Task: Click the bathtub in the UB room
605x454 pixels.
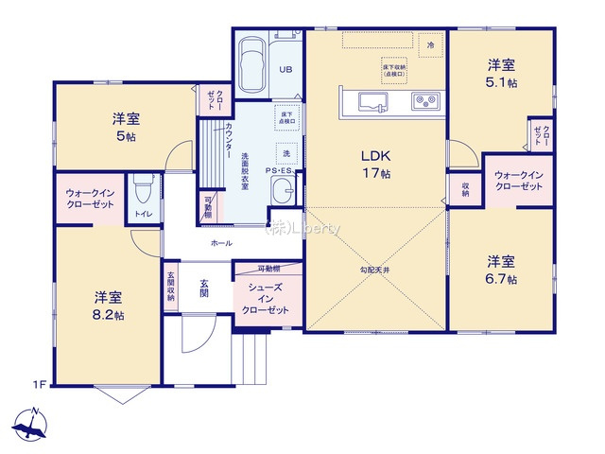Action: (252, 67)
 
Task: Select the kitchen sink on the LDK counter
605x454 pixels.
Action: (368, 99)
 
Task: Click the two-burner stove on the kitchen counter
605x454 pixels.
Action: (422, 99)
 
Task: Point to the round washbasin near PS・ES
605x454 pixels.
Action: (283, 194)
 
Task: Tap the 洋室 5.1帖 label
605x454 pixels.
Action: (501, 73)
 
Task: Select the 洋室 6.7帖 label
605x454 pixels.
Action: (501, 271)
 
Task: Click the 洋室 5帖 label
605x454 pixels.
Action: (125, 127)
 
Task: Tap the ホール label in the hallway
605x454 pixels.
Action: (221, 243)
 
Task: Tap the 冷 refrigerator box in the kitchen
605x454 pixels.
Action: (430, 44)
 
